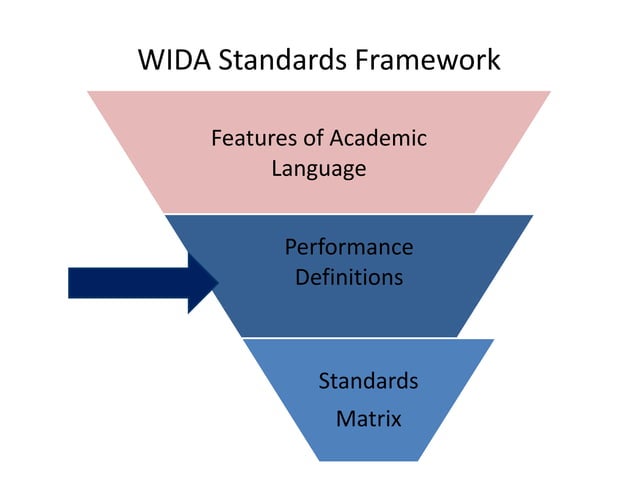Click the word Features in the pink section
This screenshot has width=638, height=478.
click(x=251, y=138)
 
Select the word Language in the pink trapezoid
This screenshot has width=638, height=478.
click(x=318, y=169)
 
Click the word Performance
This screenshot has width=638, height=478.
click(x=348, y=246)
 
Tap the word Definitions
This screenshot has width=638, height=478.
click(x=348, y=276)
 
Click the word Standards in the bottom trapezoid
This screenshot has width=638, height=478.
click(x=368, y=381)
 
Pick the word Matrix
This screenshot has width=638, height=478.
click(x=368, y=418)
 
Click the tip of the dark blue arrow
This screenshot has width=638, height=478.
click(x=219, y=283)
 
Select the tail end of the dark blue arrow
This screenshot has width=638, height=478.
click(x=70, y=283)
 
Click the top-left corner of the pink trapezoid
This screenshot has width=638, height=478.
click(x=87, y=92)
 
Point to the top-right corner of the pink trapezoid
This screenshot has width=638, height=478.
click(x=551, y=92)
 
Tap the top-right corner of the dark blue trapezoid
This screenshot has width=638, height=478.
click(x=533, y=215)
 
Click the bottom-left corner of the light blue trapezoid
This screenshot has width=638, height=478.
click(x=318, y=461)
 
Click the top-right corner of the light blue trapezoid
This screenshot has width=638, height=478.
click(x=495, y=339)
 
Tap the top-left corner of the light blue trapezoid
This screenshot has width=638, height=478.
click(x=243, y=339)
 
